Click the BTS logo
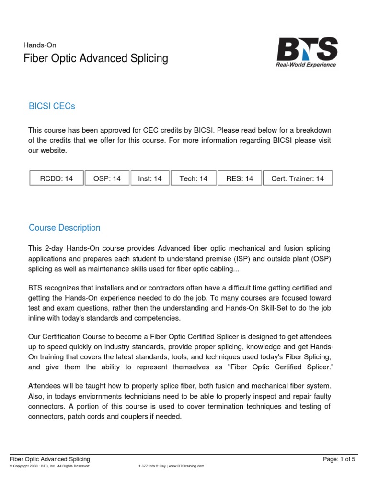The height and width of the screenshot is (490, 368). tap(307, 49)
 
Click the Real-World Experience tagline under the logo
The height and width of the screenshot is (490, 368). tap(306, 65)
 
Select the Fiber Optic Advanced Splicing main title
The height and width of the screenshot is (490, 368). tap(96, 58)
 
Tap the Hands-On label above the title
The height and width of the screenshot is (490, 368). tap(40, 45)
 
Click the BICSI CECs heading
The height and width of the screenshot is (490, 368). tap(52, 106)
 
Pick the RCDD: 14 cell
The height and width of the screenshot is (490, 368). tap(57, 178)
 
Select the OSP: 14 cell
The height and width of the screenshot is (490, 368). tap(107, 178)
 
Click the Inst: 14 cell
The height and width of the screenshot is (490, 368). tap(150, 178)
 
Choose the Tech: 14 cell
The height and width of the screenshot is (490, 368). tap(193, 178)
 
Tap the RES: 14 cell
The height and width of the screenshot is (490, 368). tap(240, 178)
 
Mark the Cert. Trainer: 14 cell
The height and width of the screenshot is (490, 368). tap(298, 178)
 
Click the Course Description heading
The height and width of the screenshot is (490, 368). tap(64, 228)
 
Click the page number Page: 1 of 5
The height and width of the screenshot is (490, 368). tap(339, 459)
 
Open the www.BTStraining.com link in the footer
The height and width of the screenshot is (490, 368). tap(187, 466)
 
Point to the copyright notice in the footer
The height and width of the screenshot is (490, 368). tap(50, 466)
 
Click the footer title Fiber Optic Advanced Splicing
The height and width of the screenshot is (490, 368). tap(50, 459)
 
